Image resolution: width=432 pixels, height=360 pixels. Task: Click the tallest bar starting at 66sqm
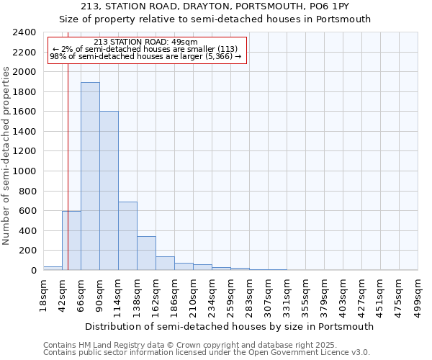(90, 176)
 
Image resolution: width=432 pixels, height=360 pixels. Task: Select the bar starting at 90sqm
(109, 191)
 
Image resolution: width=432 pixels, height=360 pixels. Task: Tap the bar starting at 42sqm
(71, 240)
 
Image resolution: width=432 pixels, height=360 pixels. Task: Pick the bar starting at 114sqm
(127, 236)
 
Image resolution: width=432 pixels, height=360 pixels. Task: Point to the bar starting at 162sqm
(165, 264)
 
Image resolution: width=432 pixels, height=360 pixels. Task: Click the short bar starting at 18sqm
(53, 268)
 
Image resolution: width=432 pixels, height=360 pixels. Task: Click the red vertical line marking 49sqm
(67, 158)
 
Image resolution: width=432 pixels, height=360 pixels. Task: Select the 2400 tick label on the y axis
(24, 32)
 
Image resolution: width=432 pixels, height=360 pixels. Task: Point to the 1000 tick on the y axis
(24, 171)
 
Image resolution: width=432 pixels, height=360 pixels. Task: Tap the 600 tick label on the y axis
(27, 211)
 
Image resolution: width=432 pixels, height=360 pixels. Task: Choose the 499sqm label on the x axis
(418, 295)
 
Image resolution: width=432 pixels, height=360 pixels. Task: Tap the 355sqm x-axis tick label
(305, 295)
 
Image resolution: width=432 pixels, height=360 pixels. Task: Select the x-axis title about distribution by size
(229, 326)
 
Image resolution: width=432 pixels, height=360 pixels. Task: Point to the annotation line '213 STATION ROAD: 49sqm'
(146, 42)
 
